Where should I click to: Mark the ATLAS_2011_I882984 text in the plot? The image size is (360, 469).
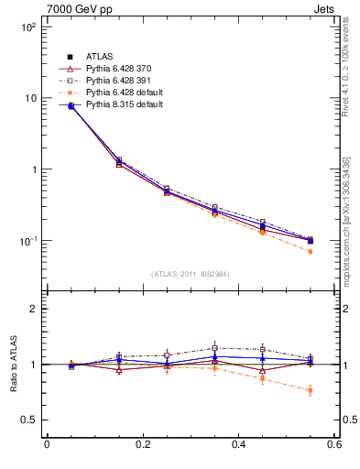coord(190,274)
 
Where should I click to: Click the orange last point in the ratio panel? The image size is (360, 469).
coord(311,391)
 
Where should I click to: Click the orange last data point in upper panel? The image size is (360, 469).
coord(311,251)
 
